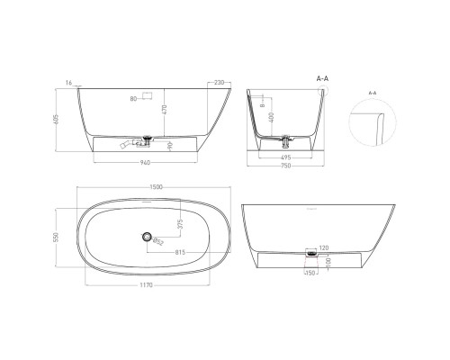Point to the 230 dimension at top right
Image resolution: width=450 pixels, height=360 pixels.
[x=219, y=81]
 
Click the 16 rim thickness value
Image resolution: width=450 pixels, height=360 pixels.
[x=69, y=81]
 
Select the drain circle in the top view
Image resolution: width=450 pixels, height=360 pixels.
[x=144, y=237]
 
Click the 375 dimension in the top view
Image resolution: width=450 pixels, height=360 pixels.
[x=179, y=224]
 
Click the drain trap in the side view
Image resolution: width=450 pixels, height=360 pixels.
[x=144, y=139]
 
